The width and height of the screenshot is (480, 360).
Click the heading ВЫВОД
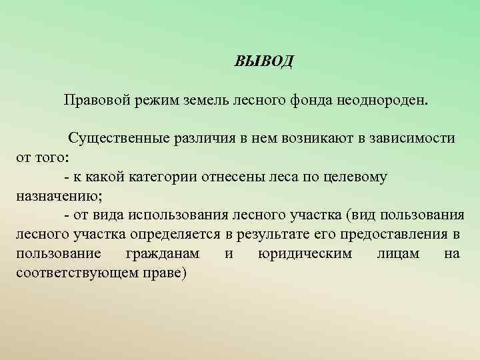263,62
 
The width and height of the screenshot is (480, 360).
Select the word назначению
56,197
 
